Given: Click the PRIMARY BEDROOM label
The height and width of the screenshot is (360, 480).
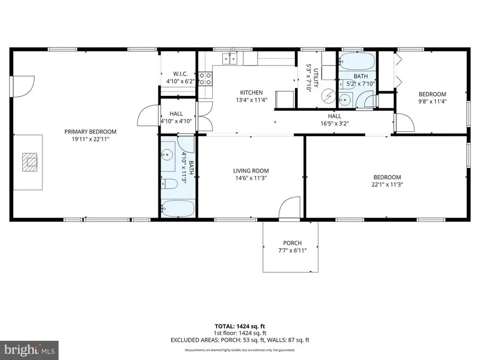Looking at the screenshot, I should point(90,132).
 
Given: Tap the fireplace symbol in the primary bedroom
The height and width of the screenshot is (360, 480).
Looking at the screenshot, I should point(30,161).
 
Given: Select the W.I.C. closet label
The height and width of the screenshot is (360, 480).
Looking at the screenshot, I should point(179,74).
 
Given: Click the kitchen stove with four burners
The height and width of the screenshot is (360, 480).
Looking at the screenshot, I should point(205,79).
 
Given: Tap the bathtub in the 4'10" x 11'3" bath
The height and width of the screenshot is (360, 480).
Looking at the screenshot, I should point(178,209).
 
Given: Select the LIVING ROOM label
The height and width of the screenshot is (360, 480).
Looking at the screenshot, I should point(250,171).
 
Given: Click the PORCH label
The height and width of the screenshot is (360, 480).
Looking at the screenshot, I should point(292,243).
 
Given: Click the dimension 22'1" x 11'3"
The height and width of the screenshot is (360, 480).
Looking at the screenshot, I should point(387,185).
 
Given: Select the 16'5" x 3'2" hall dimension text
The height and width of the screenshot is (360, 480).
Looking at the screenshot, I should point(334,123).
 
